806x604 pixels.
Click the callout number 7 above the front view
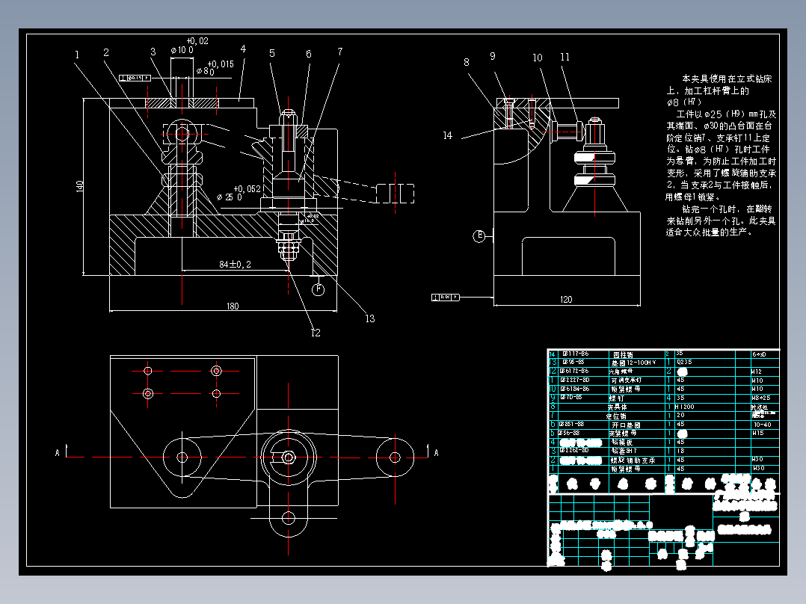click(339, 52)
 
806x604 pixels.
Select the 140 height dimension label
click(80, 186)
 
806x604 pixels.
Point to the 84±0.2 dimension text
click(235, 264)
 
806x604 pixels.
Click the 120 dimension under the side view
click(565, 300)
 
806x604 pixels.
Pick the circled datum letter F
click(318, 289)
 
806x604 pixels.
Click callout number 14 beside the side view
click(447, 136)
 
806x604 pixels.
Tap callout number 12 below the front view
click(315, 333)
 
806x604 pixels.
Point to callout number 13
click(369, 319)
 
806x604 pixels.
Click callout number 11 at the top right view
click(564, 57)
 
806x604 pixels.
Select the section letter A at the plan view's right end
click(437, 452)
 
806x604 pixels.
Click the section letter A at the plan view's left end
click(58, 452)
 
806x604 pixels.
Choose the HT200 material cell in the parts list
click(685, 407)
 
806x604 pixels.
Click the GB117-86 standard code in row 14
click(575, 354)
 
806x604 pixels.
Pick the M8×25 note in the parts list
click(760, 398)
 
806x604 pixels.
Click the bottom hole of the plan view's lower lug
click(287, 517)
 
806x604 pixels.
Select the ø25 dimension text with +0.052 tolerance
click(229, 197)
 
